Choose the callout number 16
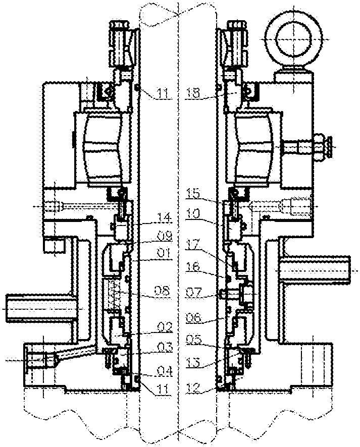(193, 271)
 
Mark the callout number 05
(193, 339)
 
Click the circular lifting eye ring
(291, 34)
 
